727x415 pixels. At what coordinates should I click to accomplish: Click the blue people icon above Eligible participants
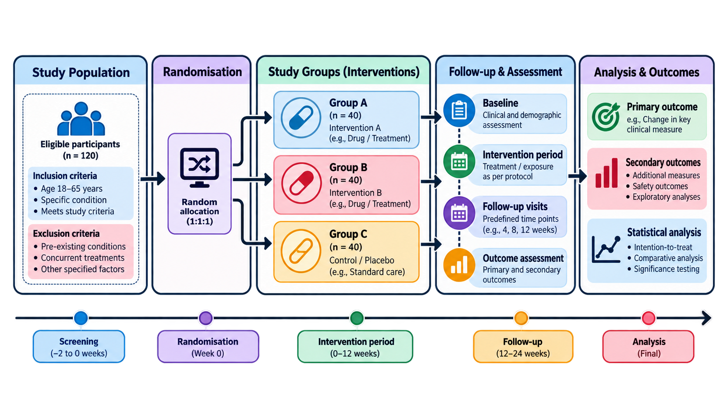81,119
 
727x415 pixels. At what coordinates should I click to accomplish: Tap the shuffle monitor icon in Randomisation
199,168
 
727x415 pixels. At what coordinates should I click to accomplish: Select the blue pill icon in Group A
301,118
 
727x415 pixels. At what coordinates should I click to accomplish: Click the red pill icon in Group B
301,183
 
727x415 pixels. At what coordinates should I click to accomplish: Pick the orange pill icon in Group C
301,251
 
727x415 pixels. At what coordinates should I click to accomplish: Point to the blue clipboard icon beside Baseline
459,110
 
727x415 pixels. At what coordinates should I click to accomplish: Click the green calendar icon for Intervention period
459,162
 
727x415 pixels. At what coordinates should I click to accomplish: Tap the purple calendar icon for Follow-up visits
459,213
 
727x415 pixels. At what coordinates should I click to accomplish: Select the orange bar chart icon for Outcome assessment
459,265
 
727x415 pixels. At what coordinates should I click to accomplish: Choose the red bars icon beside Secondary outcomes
606,173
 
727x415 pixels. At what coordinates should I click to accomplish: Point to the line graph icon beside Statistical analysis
606,249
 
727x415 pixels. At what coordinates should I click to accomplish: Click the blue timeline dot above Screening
81,318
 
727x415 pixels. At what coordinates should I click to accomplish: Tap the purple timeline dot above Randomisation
206,318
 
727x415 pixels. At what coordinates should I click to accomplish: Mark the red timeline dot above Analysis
649,318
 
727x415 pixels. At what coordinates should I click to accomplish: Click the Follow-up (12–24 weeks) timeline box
523,347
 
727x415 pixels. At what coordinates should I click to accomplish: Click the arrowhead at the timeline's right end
706,318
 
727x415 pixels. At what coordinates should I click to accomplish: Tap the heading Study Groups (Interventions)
344,72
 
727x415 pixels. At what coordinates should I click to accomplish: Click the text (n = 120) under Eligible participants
81,156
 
